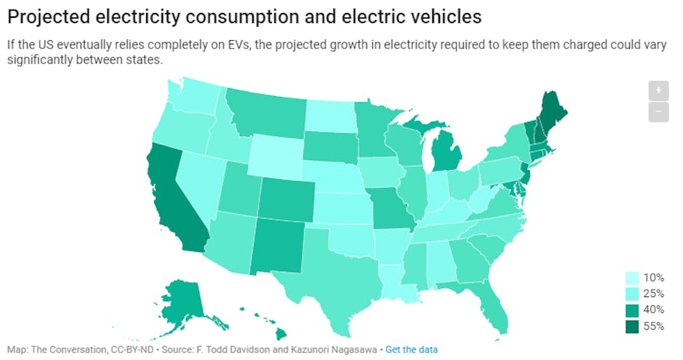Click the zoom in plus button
(658, 90)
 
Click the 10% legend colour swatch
(632, 277)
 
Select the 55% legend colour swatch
(632, 327)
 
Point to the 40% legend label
(653, 310)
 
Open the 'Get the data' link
(412, 349)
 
